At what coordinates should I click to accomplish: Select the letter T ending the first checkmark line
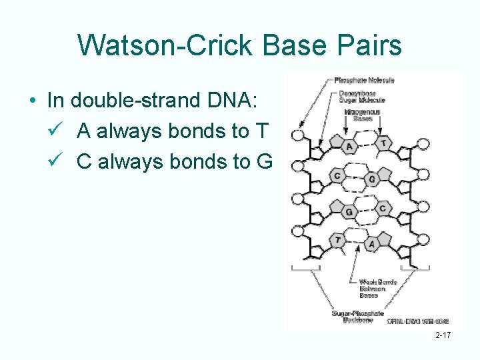point(260,131)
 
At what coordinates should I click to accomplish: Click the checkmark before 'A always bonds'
point(56,131)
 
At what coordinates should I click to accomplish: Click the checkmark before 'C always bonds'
point(56,161)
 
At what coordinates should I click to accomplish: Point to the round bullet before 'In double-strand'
point(33,101)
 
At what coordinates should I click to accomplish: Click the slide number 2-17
point(443,335)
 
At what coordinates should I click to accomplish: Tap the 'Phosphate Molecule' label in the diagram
point(364,81)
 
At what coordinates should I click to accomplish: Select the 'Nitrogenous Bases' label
point(362,115)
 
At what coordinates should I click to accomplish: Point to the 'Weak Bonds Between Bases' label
point(378,288)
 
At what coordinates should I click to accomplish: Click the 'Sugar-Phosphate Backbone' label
point(358,317)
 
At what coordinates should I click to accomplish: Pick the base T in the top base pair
point(383,143)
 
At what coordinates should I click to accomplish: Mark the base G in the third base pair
point(349,211)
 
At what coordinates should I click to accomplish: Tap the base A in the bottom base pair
point(372,244)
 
